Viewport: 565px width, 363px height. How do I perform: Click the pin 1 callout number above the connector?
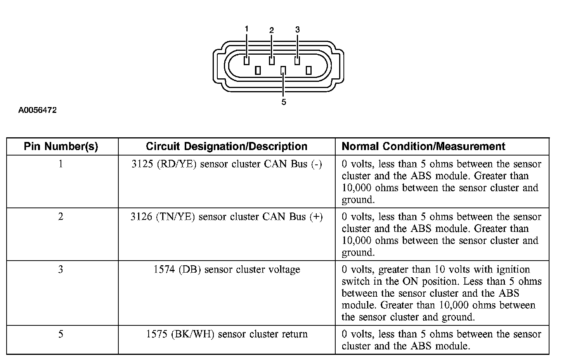[246, 29]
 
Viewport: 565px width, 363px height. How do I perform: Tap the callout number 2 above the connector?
[272, 30]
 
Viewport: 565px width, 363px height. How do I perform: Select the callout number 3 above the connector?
[297, 29]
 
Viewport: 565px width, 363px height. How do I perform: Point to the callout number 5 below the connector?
[284, 102]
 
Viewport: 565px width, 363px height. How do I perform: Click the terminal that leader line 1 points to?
[246, 61]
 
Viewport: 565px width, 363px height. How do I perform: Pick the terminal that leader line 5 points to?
[283, 70]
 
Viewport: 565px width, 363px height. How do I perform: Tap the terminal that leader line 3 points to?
[297, 61]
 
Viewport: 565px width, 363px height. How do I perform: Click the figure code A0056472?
[37, 111]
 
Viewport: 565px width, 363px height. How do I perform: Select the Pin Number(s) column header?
[61, 147]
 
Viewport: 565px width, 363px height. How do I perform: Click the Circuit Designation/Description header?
[227, 147]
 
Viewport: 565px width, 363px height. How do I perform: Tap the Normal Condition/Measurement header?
[423, 147]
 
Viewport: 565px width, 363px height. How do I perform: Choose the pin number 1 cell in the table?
[61, 164]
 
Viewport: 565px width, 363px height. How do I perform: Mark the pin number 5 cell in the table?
[61, 334]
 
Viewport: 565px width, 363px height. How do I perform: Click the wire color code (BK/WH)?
[192, 334]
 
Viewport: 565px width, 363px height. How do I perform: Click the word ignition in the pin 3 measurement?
[510, 270]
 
